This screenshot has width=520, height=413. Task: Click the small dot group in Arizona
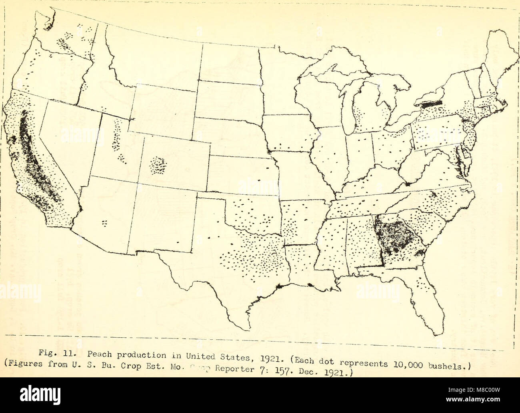point(105,222)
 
